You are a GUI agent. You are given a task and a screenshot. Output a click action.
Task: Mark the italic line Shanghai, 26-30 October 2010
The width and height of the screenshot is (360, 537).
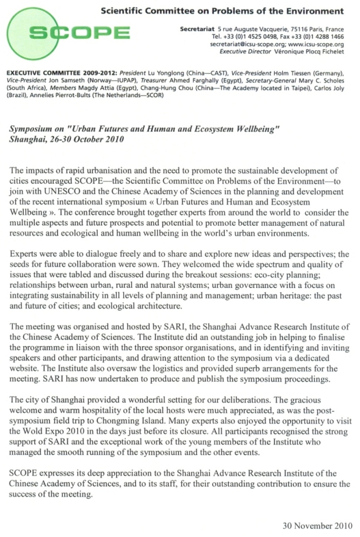(66, 139)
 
